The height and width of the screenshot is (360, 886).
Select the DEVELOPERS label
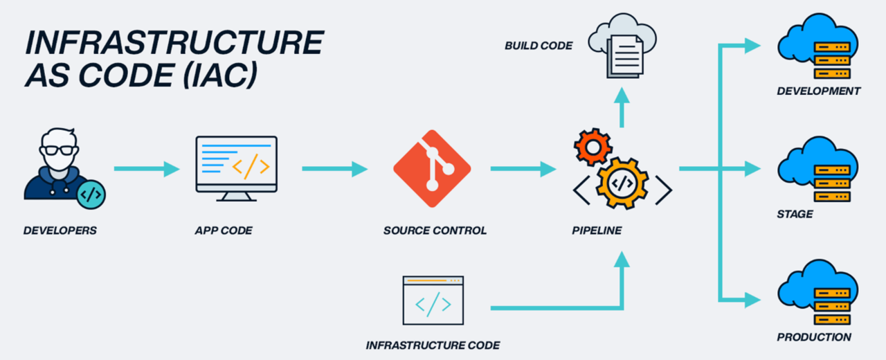[60, 231]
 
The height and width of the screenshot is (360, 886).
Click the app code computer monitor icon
[236, 167]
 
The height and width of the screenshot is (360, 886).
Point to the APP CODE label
[224, 231]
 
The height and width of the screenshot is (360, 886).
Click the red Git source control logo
[432, 168]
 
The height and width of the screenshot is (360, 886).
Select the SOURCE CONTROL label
[435, 231]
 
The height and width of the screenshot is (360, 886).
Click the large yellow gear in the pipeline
[622, 183]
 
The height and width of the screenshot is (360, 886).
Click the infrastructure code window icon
[433, 300]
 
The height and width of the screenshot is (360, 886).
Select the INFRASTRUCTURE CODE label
[433, 345]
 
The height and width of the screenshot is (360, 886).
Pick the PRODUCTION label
[814, 337]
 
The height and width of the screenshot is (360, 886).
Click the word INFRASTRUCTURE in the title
[174, 44]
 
